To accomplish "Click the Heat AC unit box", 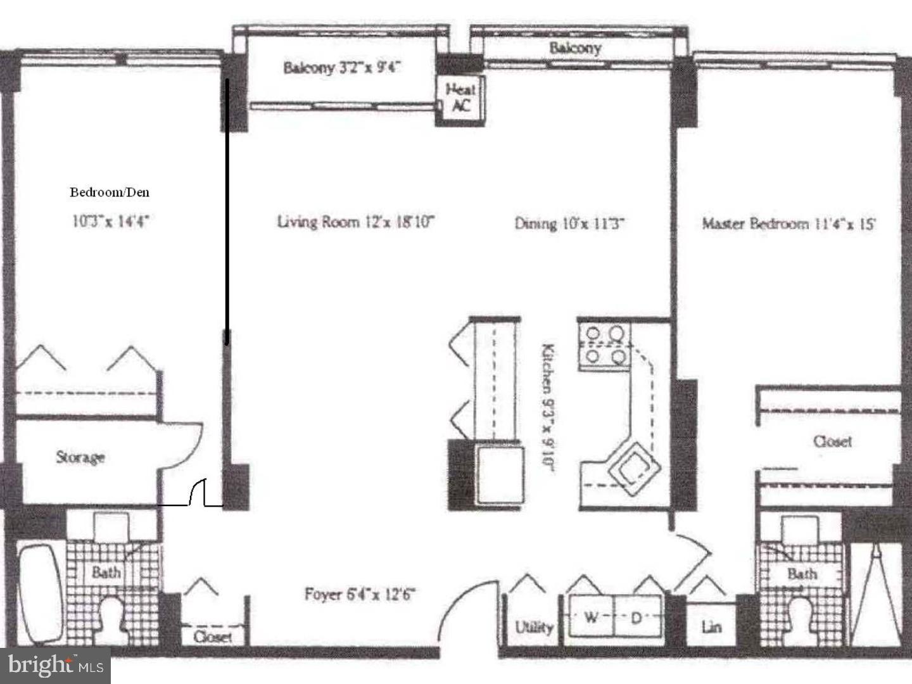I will [460, 98].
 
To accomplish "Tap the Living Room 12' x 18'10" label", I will [356, 222].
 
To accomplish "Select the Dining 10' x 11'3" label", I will [570, 223].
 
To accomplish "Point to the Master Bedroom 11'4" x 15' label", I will [788, 223].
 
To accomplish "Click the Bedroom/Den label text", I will [110, 192].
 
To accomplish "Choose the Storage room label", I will [80, 457].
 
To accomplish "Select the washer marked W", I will [591, 617].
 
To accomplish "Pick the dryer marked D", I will [636, 617].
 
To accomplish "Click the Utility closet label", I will [534, 627].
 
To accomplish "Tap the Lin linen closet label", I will [711, 627].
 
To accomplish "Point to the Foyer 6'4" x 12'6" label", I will [359, 594].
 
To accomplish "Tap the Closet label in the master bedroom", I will [832, 441].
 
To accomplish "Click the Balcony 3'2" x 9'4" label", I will [342, 68].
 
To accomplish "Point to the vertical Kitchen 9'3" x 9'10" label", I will [548, 408].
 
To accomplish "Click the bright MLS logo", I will [56, 665].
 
